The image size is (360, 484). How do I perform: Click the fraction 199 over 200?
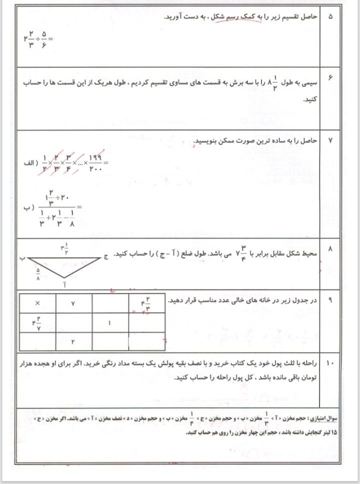[x=94, y=163]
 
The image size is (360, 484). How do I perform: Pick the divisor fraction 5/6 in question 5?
[x=44, y=38]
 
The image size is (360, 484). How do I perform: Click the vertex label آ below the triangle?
[x=64, y=284]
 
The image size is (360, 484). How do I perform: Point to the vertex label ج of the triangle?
[x=106, y=257]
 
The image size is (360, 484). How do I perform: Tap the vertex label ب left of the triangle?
[x=22, y=258]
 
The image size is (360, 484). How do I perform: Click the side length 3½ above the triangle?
[x=64, y=248]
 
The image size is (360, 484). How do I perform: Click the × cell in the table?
[x=37, y=303]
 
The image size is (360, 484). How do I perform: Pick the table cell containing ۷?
[x=73, y=303]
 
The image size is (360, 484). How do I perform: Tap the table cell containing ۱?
[x=110, y=323]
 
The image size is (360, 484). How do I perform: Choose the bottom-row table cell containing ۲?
[x=73, y=342]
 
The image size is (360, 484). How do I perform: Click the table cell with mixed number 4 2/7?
[x=37, y=323]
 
